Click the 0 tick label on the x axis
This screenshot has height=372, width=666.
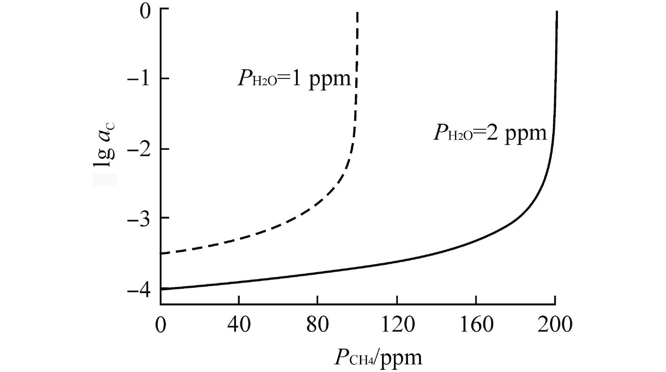point(160,325)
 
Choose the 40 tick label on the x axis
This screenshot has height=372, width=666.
point(239,325)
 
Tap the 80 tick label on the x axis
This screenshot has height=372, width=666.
point(317,325)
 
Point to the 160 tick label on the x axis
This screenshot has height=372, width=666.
point(476,325)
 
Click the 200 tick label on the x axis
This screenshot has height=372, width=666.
point(555,325)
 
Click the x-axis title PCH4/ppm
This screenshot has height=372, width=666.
point(378,358)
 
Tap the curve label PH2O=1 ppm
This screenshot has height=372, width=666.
point(294,78)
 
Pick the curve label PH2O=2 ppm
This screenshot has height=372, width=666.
point(490,133)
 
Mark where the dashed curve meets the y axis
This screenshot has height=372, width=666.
point(161,254)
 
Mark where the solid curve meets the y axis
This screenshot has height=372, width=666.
point(161,289)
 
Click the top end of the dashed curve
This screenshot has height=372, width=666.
point(357,12)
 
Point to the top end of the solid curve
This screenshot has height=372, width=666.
point(557,12)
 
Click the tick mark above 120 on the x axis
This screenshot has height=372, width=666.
point(397,300)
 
